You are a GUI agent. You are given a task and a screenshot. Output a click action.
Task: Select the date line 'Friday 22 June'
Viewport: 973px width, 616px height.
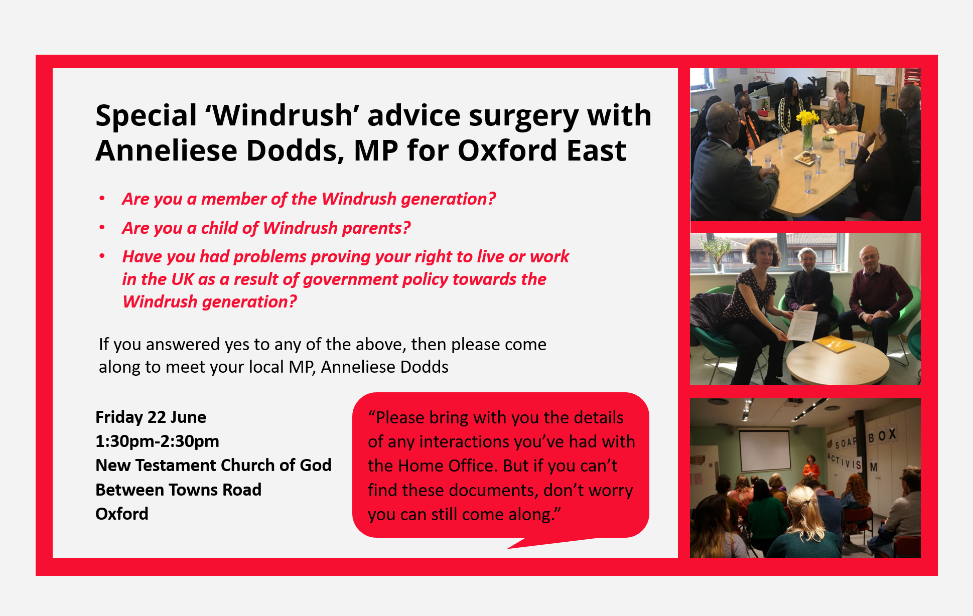(x=151, y=417)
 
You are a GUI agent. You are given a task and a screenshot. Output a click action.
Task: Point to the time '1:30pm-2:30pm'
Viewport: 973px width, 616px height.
(x=157, y=441)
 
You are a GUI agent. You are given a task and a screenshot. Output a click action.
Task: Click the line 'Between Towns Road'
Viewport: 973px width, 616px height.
(x=178, y=490)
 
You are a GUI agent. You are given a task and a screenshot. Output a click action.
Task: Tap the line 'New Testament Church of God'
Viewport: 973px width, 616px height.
(x=213, y=466)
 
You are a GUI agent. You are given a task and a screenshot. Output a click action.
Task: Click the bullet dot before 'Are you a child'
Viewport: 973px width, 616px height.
(x=102, y=227)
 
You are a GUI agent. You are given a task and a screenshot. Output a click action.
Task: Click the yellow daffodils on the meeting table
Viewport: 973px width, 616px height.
(x=807, y=119)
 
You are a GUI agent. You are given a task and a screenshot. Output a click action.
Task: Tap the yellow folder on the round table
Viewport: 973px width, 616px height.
(x=834, y=345)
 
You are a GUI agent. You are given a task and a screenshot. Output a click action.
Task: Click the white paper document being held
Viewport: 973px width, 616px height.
(x=801, y=326)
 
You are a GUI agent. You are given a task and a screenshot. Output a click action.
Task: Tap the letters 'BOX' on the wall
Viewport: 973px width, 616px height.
(x=882, y=435)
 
